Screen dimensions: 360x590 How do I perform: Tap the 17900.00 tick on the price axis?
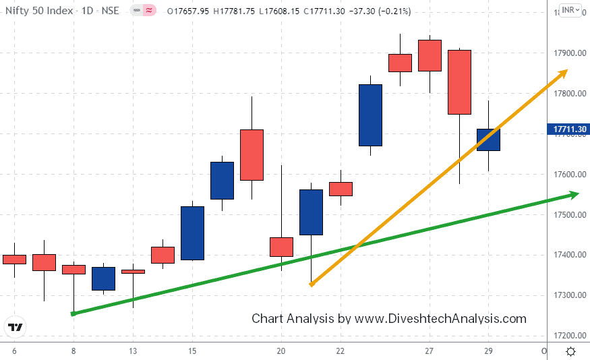(x=568, y=53)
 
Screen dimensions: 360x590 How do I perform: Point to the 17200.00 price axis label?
(x=568, y=336)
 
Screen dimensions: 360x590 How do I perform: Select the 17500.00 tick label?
(x=568, y=215)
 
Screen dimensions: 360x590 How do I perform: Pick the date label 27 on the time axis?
(x=430, y=351)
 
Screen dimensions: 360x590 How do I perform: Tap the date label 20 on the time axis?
(x=281, y=351)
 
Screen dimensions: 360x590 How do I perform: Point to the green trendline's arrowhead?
(x=574, y=195)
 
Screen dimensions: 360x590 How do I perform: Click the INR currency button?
(x=570, y=10)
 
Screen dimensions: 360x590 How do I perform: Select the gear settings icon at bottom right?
(x=570, y=351)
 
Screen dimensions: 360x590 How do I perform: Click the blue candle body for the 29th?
(x=488, y=140)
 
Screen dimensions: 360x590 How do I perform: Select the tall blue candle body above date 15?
(x=192, y=233)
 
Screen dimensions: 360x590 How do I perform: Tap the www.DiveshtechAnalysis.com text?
(x=440, y=318)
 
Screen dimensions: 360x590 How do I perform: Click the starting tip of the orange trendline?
(x=311, y=285)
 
